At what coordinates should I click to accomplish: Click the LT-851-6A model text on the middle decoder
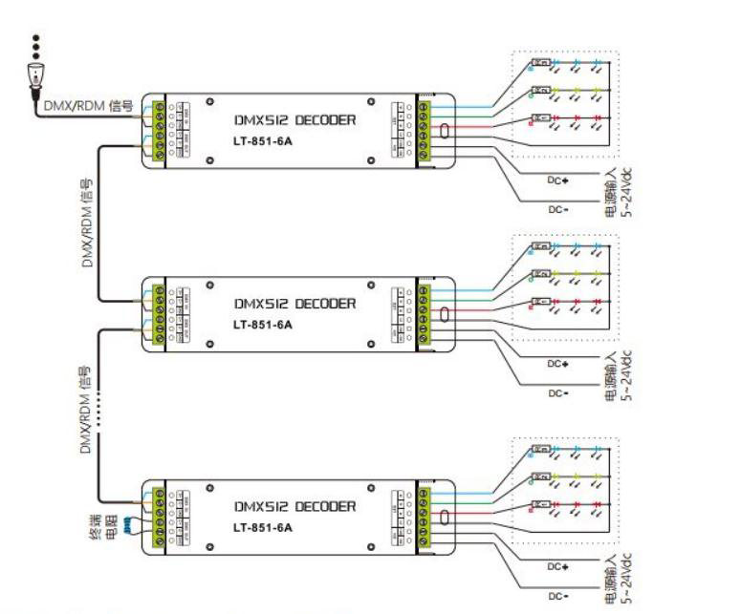(x=262, y=324)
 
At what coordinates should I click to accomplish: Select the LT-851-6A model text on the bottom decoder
(x=262, y=526)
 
